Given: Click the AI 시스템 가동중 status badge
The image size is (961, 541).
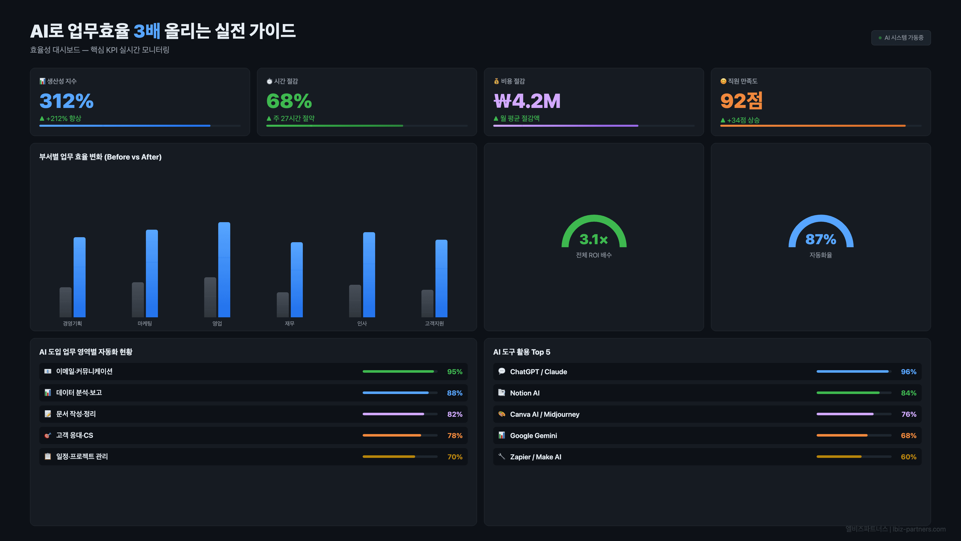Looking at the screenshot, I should coord(901,38).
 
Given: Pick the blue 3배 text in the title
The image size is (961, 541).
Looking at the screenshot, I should coord(147,31).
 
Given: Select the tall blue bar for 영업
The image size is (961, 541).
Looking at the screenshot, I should coord(224,269).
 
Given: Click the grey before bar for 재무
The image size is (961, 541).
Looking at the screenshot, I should coord(282,305).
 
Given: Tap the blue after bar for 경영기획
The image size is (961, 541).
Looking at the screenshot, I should coord(80,277).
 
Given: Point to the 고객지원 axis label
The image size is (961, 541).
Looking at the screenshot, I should coord(434,323).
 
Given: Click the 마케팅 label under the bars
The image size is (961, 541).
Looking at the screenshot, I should coord(145,323).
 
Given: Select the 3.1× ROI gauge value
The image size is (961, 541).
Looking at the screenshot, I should coord(594,239).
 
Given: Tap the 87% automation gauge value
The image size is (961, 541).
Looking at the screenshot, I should coord(820,239).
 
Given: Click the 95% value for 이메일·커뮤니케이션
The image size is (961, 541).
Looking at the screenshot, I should coord(454,371).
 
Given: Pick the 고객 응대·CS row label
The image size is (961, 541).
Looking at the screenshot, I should coord(75,435).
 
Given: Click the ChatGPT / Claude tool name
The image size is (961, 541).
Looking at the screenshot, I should coord(538,371).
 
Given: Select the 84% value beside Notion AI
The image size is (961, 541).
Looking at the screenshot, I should coord(908,393).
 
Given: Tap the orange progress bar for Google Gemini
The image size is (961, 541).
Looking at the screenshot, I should coord(842,435).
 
